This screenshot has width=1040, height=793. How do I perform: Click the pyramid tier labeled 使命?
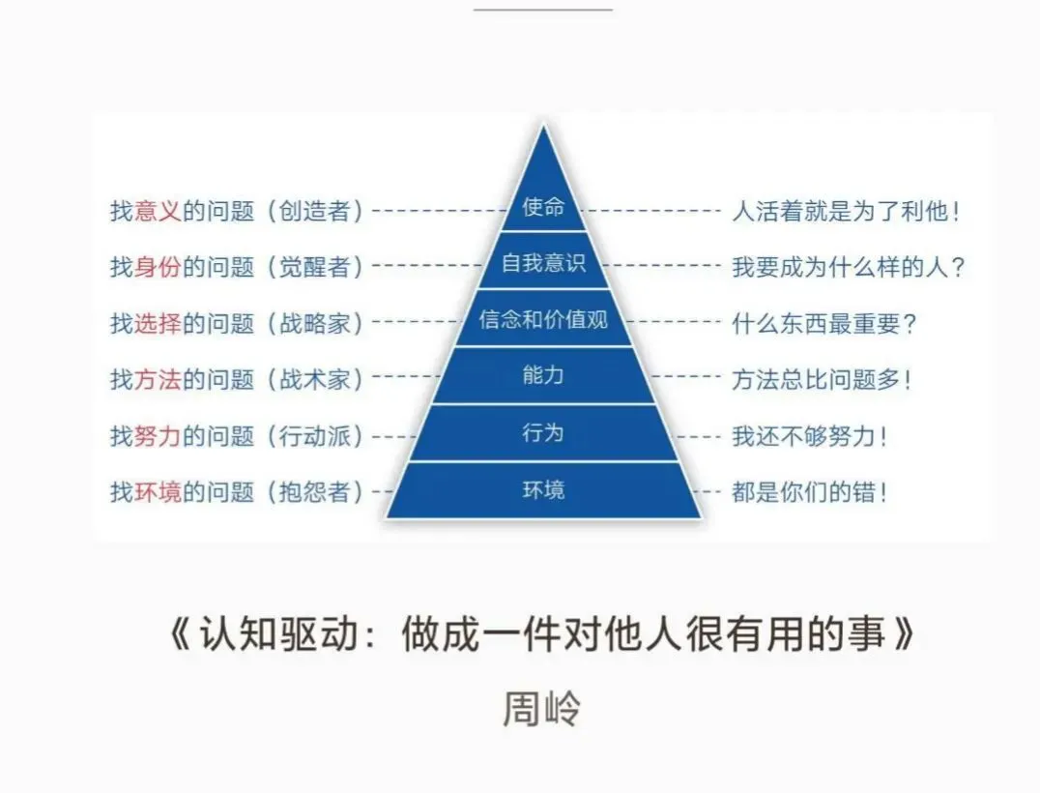coord(542,208)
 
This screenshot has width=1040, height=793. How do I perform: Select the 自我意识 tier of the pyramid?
coord(542,263)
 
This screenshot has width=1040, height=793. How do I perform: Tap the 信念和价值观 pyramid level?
coord(542,320)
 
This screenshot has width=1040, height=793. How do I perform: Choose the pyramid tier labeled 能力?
coord(542,376)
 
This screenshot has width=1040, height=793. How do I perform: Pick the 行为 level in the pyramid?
coord(542,432)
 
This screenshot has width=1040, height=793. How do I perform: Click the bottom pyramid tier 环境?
coord(542,490)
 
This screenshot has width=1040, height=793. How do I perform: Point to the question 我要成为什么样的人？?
coord(849,267)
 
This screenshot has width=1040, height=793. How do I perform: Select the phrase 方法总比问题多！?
coord(822,379)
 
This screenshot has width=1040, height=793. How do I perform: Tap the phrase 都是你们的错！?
coord(810,492)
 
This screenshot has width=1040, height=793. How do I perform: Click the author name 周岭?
coord(541,709)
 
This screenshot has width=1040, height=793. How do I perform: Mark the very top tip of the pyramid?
coord(544,128)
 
